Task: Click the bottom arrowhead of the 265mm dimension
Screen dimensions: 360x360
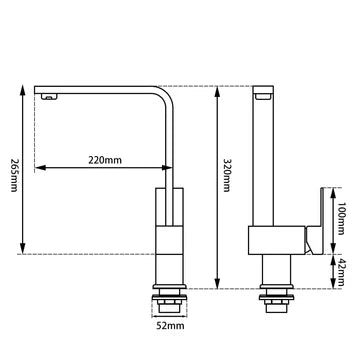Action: click(x=22, y=251)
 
